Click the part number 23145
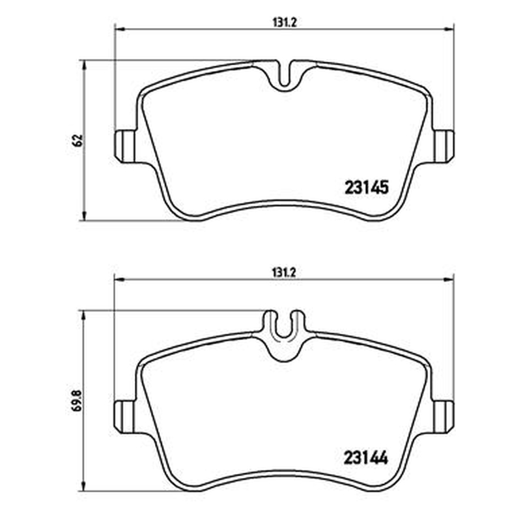pos(367,188)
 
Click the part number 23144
pos(366,458)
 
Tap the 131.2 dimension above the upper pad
pos(284,23)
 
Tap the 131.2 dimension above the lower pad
pos(284,272)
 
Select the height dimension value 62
pos(78,141)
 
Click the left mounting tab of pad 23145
pos(125,146)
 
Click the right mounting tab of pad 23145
pos(444,146)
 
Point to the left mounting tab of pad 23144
pos(125,417)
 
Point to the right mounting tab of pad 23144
pos(444,417)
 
